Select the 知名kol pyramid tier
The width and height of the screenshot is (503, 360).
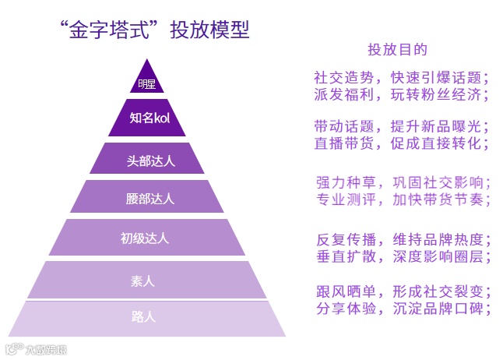click(x=147, y=118)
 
